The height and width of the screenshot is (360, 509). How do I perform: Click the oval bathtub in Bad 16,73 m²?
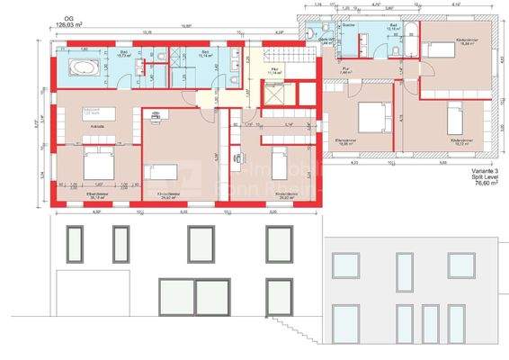tap(81, 67)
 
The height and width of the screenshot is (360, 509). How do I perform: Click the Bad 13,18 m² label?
tap(393, 28)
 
